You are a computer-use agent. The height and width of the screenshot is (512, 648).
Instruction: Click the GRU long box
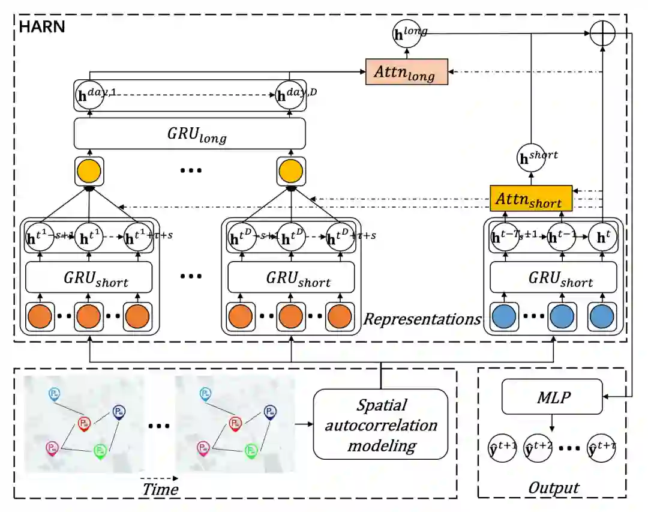tap(190, 134)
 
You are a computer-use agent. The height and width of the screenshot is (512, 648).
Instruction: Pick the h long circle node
tap(407, 34)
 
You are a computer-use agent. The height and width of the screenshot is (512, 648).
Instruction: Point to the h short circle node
tap(531, 157)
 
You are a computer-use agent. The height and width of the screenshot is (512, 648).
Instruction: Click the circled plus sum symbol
tap(602, 34)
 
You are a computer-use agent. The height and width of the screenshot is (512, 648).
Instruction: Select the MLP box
tap(552, 397)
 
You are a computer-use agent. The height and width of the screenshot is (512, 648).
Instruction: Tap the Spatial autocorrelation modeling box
tap(380, 424)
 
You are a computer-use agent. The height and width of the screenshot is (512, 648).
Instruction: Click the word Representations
tap(422, 319)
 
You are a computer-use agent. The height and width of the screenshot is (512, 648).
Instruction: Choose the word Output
tap(553, 487)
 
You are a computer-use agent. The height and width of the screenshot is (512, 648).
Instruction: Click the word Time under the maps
tap(160, 489)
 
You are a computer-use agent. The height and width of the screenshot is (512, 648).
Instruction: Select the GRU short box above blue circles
tap(553, 279)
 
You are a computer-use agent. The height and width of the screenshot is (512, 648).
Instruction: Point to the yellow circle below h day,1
tap(90, 171)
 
